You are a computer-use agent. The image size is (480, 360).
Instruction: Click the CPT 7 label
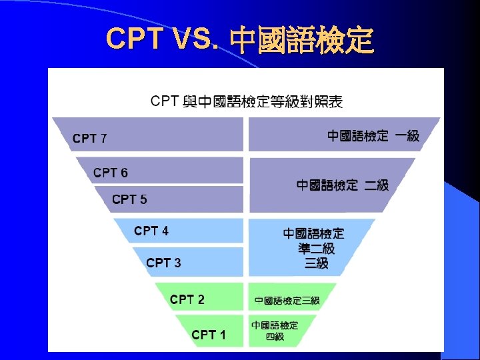[89, 139]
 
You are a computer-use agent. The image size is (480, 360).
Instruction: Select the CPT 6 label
[111, 173]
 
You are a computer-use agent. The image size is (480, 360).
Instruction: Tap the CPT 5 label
[129, 199]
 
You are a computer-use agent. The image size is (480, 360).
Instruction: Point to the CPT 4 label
[151, 231]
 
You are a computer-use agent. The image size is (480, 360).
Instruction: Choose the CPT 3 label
[163, 263]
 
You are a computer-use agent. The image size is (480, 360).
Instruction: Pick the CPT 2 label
[187, 299]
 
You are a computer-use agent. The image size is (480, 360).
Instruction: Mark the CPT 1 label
[209, 335]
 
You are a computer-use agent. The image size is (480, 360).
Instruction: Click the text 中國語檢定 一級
[373, 136]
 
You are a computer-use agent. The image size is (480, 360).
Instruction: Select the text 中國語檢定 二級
[343, 185]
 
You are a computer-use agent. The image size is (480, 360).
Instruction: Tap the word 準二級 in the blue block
[316, 249]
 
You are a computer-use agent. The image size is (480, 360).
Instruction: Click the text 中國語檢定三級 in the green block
[287, 301]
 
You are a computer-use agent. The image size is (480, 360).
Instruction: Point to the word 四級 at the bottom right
[275, 337]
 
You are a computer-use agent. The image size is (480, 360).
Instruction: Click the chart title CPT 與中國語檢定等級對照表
[247, 101]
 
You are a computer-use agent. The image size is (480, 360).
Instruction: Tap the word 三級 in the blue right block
[316, 263]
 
